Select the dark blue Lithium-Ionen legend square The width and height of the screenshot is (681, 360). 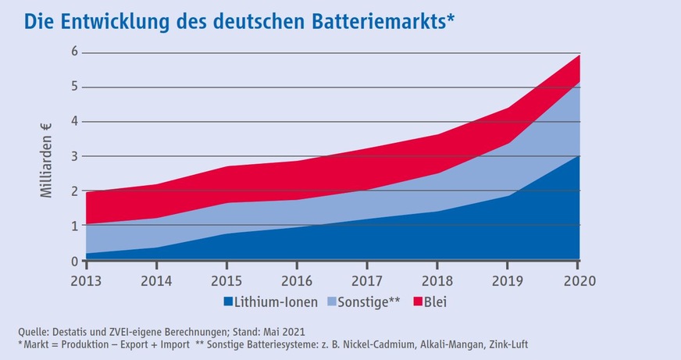click(x=228, y=301)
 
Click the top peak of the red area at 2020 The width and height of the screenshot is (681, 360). click(x=579, y=55)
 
